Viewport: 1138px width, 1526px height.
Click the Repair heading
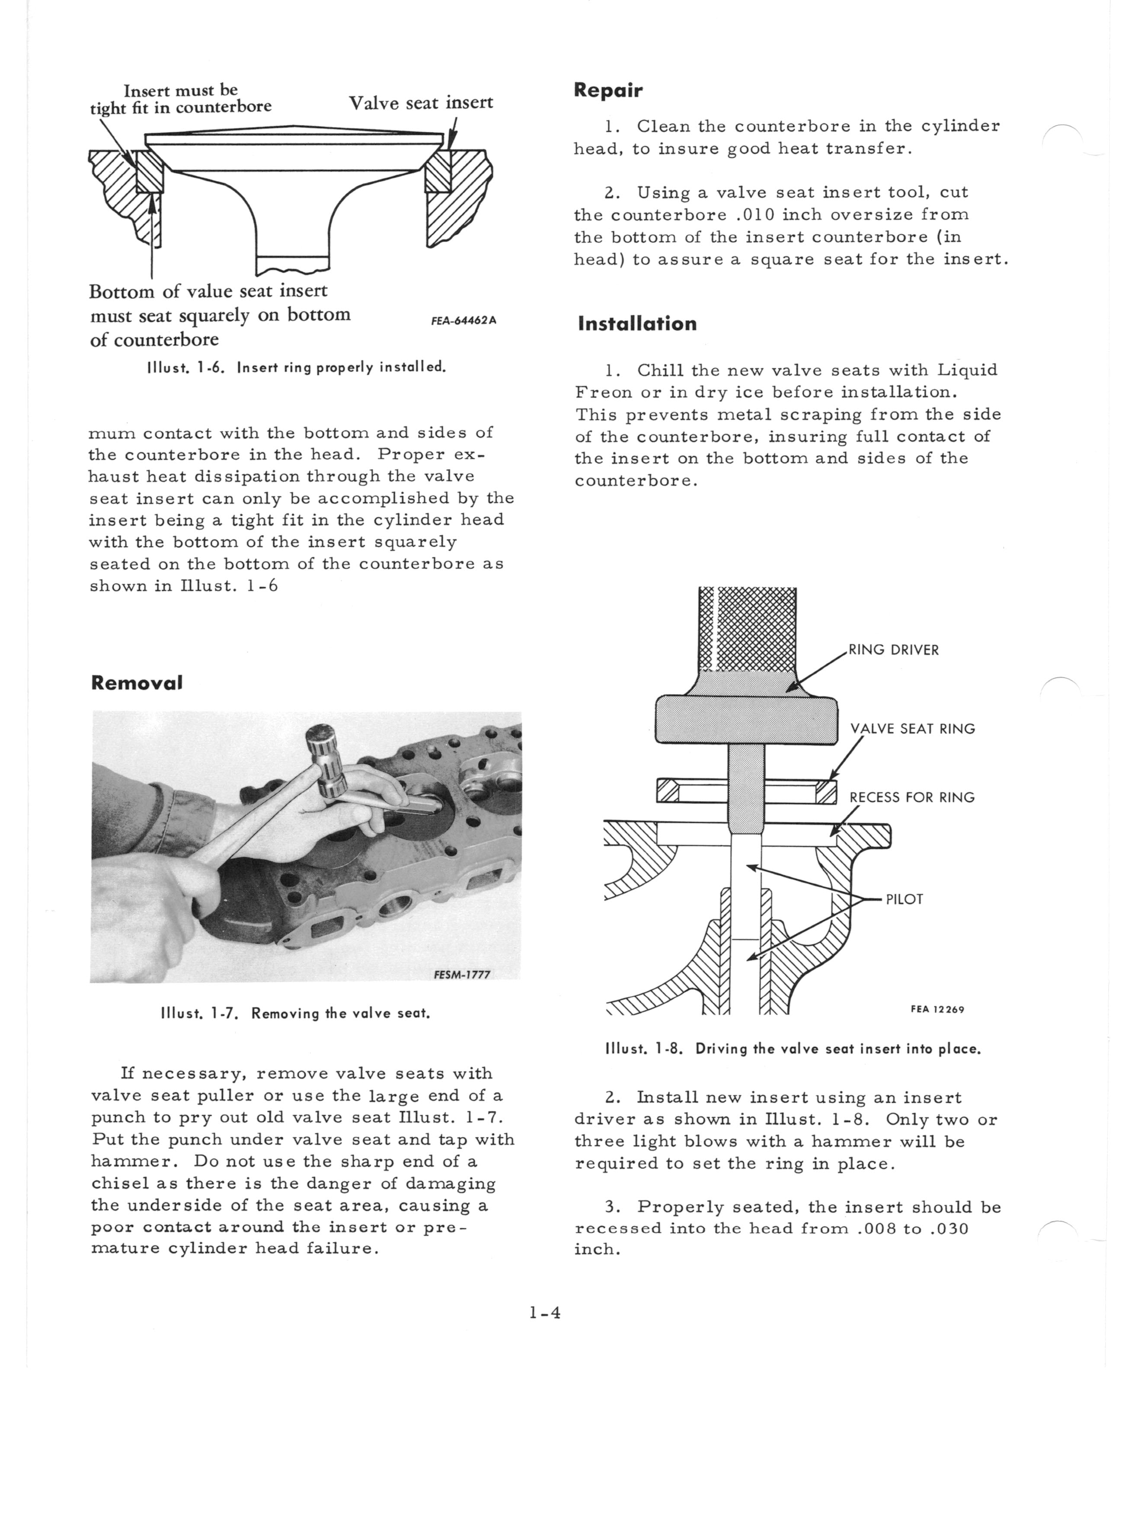[607, 90]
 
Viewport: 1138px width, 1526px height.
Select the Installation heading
[637, 324]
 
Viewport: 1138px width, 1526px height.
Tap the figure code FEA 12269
[937, 1009]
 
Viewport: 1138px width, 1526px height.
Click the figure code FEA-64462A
[464, 320]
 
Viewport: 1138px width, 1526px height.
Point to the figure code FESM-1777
[461, 974]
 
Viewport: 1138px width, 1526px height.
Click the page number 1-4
[545, 1313]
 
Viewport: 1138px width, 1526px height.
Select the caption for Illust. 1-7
[295, 1014]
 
